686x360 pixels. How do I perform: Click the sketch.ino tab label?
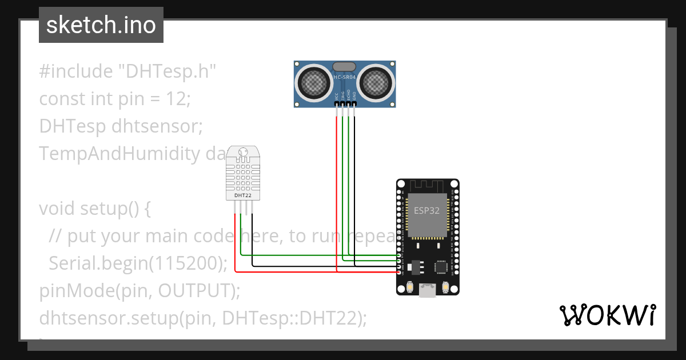pyautogui.click(x=101, y=25)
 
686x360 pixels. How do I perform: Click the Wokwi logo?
pyautogui.click(x=607, y=315)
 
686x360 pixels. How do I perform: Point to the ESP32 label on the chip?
pyautogui.click(x=426, y=210)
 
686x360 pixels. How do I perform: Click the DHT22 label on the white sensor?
pyautogui.click(x=243, y=195)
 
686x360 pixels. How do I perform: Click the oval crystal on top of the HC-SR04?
pyautogui.click(x=345, y=67)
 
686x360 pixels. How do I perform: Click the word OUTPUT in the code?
pyautogui.click(x=196, y=290)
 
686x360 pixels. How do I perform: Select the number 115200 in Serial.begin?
pyautogui.click(x=185, y=263)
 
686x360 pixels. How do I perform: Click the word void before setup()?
pyautogui.click(x=57, y=209)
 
